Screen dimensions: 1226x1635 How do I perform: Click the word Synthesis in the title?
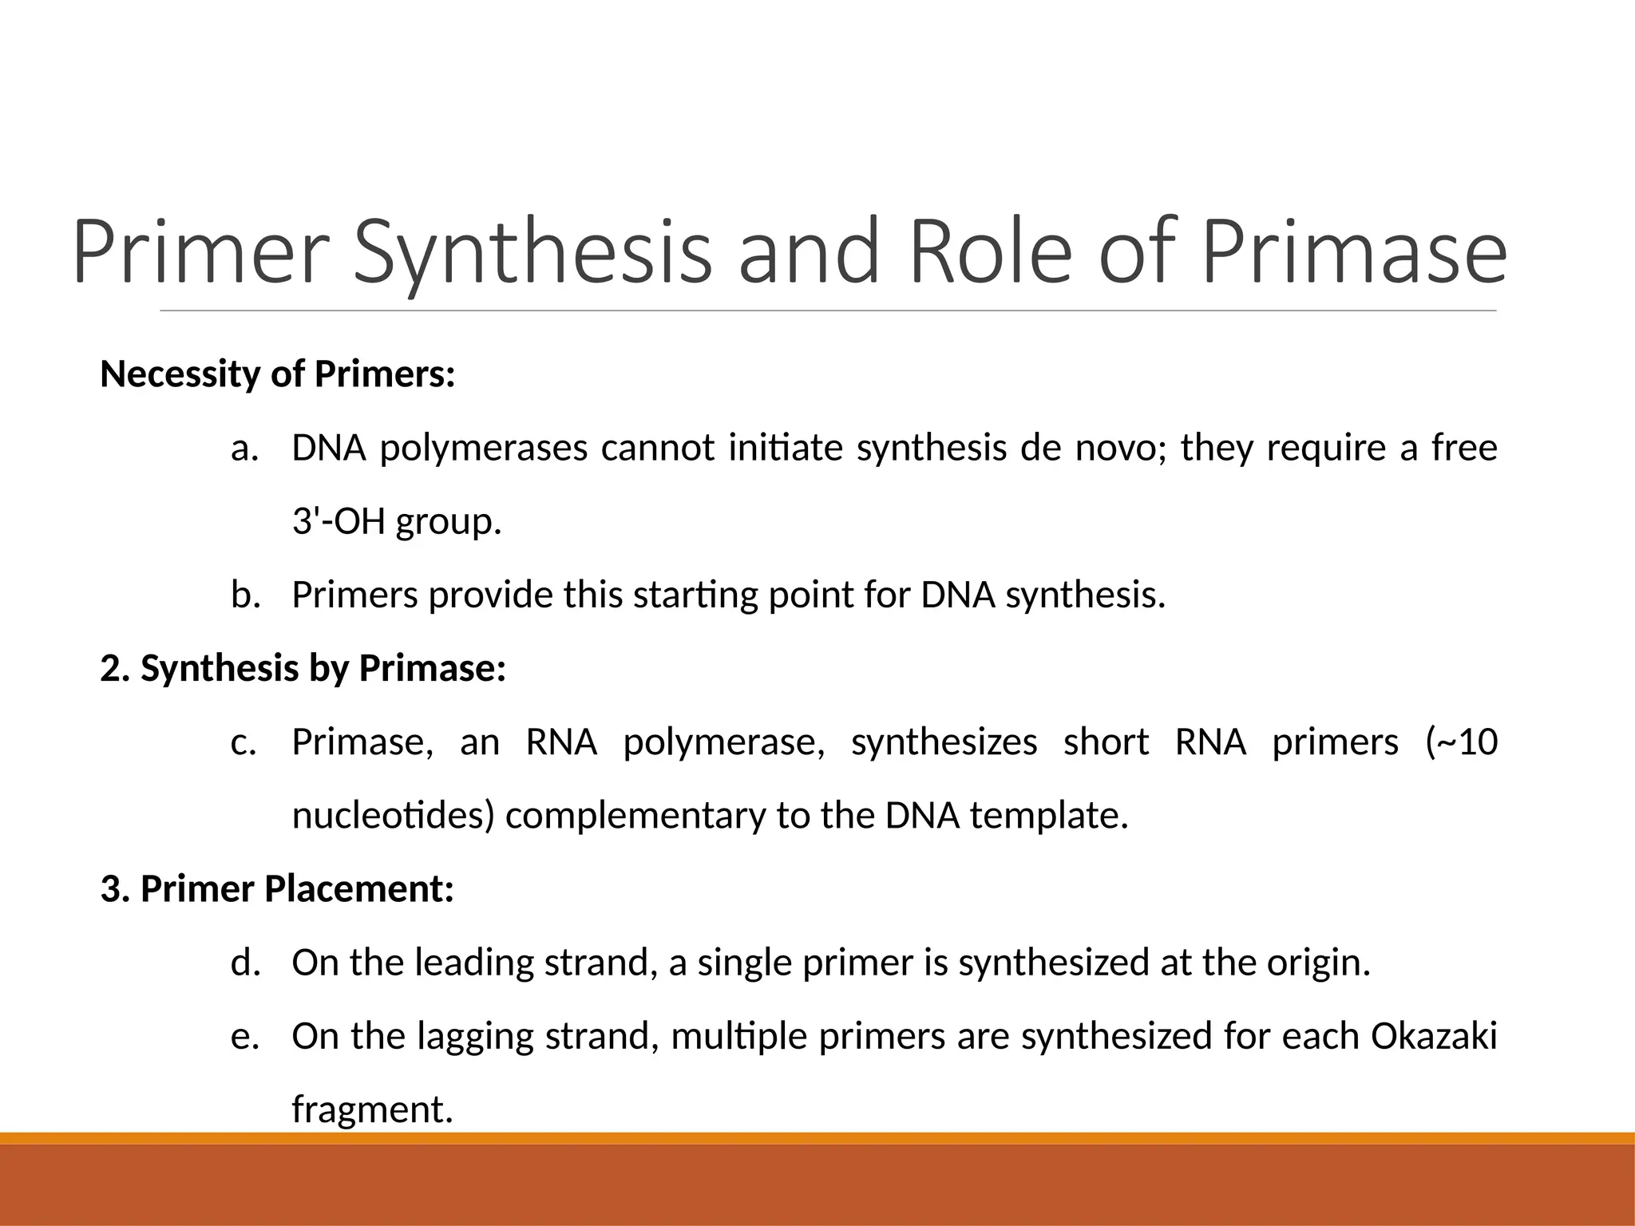[532, 252]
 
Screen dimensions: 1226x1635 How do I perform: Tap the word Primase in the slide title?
[1354, 252]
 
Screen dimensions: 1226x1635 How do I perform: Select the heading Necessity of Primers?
[277, 374]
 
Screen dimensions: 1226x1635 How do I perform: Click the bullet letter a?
[244, 448]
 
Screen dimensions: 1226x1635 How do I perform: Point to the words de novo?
[1091, 448]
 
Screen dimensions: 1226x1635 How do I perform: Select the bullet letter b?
[245, 595]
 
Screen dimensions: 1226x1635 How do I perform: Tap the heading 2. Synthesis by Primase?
[303, 668]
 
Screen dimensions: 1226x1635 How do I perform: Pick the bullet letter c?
[243, 742]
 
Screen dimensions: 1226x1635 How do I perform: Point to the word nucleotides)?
[393, 816]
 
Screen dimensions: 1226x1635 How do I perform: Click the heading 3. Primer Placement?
[277, 889]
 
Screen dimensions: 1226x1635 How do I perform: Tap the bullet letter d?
[245, 963]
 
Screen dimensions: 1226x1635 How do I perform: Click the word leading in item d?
[473, 963]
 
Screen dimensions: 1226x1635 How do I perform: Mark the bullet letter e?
[244, 1036]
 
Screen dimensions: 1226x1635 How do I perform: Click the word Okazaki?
[1433, 1036]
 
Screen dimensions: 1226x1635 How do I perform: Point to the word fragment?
[371, 1109]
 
